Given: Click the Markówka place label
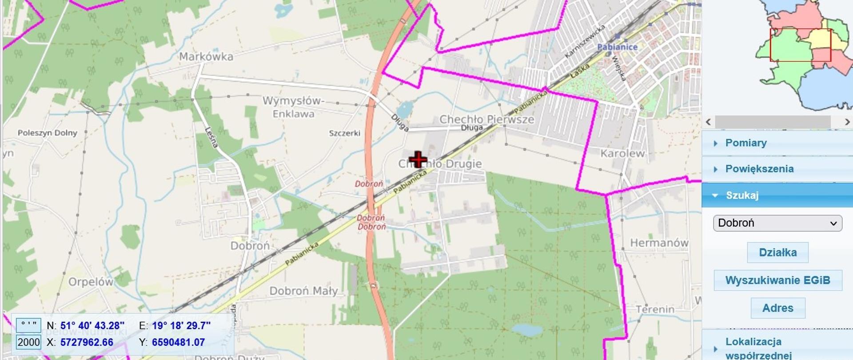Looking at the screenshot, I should [x=206, y=57].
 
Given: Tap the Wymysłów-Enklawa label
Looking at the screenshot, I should [x=293, y=107].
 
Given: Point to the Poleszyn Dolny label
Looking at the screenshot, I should [x=48, y=133].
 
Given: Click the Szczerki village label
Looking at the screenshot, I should [x=344, y=133].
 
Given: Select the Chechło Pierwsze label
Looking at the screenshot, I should [x=486, y=119].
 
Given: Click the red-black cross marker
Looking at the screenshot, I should [x=418, y=160].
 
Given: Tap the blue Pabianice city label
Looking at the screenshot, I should [x=617, y=47].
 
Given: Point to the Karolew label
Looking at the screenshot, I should [x=622, y=154].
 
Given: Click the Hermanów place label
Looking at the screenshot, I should [x=659, y=243].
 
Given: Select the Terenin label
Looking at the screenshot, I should [x=655, y=309].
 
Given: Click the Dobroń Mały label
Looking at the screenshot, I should [x=303, y=291].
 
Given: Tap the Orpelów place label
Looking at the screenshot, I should [x=91, y=282].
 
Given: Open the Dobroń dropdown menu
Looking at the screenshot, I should [x=777, y=223].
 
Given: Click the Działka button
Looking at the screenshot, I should [x=777, y=252].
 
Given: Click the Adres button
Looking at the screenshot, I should [x=777, y=308].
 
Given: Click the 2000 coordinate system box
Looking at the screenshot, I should [x=29, y=342].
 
